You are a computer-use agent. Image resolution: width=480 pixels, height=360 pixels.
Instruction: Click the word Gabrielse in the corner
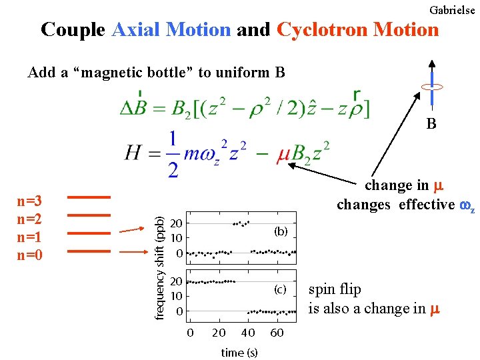pyautogui.click(x=453, y=10)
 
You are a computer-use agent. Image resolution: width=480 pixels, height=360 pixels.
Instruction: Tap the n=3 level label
pyautogui.click(x=30, y=201)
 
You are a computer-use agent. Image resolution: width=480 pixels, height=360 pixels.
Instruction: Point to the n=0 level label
pyautogui.click(x=30, y=253)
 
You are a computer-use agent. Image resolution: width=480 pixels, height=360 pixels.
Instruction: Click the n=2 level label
pyautogui.click(x=30, y=218)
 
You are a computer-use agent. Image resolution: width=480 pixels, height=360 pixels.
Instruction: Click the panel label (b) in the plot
pyautogui.click(x=280, y=231)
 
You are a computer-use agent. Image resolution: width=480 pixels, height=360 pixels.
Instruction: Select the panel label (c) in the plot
pyautogui.click(x=280, y=289)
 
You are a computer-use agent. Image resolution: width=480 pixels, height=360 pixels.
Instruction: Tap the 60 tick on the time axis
pyautogui.click(x=277, y=333)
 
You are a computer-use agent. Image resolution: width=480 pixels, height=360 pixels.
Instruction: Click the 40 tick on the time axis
pyautogui.click(x=247, y=333)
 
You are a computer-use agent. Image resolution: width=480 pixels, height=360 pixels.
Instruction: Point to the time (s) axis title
pyautogui.click(x=239, y=353)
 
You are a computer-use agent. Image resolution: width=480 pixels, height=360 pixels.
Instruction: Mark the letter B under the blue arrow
pyautogui.click(x=431, y=123)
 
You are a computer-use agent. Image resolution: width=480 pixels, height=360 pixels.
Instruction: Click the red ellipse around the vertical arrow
pyautogui.click(x=432, y=87)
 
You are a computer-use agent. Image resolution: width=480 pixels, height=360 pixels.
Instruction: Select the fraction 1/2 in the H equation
pyautogui.click(x=173, y=155)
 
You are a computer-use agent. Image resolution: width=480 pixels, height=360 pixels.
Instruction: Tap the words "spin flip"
pyautogui.click(x=335, y=289)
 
